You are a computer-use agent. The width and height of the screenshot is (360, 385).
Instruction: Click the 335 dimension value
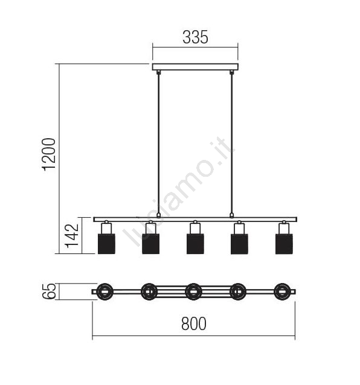click(x=195, y=37)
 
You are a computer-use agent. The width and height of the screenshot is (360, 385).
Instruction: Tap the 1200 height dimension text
click(x=49, y=154)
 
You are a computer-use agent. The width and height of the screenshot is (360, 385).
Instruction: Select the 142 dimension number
click(x=71, y=236)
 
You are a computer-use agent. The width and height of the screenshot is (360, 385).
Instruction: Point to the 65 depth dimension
click(x=49, y=291)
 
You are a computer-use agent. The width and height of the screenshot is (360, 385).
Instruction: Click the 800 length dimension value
click(x=194, y=323)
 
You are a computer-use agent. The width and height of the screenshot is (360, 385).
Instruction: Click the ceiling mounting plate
click(x=195, y=67)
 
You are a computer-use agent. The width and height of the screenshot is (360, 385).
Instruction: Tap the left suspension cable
click(x=158, y=144)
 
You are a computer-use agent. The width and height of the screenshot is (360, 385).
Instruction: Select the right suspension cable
click(x=231, y=144)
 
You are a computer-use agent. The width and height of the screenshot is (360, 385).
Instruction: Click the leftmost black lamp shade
click(x=106, y=244)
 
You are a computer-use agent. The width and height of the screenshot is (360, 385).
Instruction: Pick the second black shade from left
click(x=150, y=244)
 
